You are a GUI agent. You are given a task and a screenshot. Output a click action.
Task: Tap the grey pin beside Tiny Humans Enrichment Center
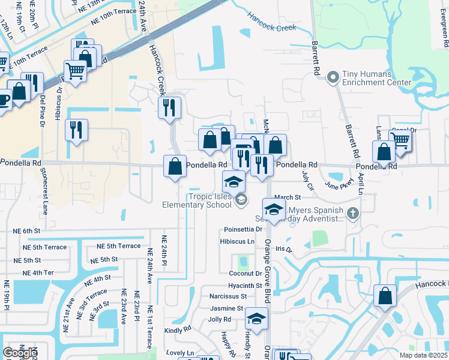pyautogui.click(x=332, y=77)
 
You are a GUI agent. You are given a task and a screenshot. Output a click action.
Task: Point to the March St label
pyautogui.click(x=287, y=197)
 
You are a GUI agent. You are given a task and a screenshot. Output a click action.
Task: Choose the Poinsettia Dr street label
pyautogui.click(x=243, y=229)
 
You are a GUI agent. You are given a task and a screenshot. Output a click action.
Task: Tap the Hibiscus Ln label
pyautogui.click(x=238, y=241)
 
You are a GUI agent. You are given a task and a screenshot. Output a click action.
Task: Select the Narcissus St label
pyautogui.click(x=228, y=296)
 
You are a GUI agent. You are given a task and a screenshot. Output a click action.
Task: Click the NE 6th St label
pyautogui.click(x=27, y=230)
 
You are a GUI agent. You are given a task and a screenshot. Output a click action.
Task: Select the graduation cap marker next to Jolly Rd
pyautogui.click(x=257, y=319)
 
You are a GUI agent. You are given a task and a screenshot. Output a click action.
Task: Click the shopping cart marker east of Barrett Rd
pyautogui.click(x=400, y=141)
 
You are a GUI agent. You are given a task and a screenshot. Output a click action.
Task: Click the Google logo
pyautogui.click(x=20, y=353)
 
